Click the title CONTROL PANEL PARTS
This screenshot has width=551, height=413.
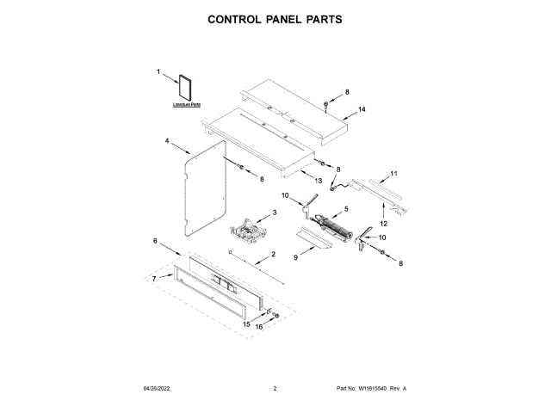275,18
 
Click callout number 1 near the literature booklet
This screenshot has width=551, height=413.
158,74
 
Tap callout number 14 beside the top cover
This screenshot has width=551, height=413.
362,109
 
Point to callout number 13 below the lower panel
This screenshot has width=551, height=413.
318,182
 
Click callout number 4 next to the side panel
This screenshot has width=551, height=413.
167,140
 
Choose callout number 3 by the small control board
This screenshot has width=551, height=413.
275,213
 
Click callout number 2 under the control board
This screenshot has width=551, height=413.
273,254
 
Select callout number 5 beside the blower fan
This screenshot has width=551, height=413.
346,209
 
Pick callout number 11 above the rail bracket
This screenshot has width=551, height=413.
394,174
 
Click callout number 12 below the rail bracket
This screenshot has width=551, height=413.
383,224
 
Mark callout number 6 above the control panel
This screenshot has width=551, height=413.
156,241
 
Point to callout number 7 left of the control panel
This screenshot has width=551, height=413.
155,279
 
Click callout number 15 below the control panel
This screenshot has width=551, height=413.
245,324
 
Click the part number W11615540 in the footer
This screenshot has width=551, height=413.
371,389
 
